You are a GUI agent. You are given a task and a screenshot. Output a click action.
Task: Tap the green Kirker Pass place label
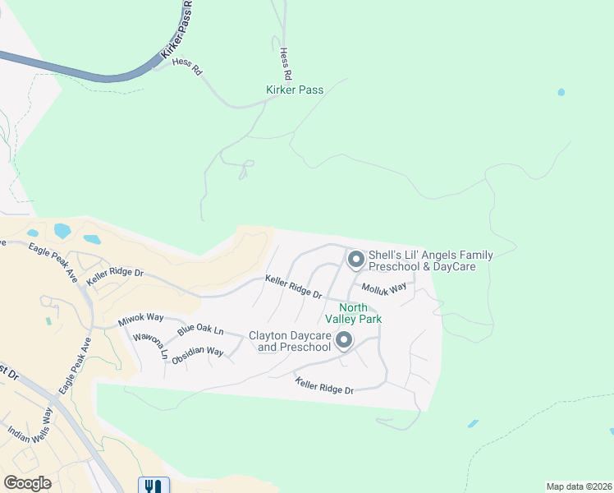(x=295, y=90)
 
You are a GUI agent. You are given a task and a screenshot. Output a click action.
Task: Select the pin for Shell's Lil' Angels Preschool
(x=355, y=260)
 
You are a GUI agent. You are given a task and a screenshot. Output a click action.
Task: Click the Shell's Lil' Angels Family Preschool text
(x=430, y=261)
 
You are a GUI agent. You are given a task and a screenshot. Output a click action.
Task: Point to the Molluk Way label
(x=385, y=288)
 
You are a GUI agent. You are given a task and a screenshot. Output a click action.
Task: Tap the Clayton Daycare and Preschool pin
(x=344, y=340)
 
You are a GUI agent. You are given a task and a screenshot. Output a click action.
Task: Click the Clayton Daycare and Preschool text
(x=290, y=342)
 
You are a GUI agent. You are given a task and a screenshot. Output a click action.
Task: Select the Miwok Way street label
(x=140, y=318)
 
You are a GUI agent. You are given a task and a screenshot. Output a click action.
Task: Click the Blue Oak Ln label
(x=199, y=330)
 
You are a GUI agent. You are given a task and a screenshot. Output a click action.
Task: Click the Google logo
(x=27, y=482)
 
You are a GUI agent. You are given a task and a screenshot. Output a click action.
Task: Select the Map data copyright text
(x=580, y=486)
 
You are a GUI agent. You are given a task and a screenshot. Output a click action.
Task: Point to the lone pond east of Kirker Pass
(x=561, y=92)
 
